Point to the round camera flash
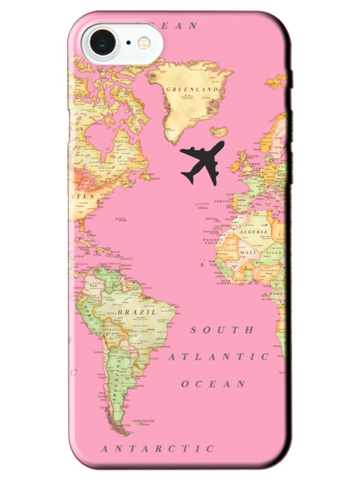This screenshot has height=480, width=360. [x=144, y=42]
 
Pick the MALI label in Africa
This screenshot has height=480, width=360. [x=248, y=253]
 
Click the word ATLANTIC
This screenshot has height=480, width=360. [x=218, y=356]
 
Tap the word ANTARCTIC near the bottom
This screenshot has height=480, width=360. [x=157, y=448]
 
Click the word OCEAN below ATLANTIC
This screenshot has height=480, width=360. [x=214, y=383]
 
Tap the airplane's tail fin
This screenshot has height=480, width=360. [x=187, y=178]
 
